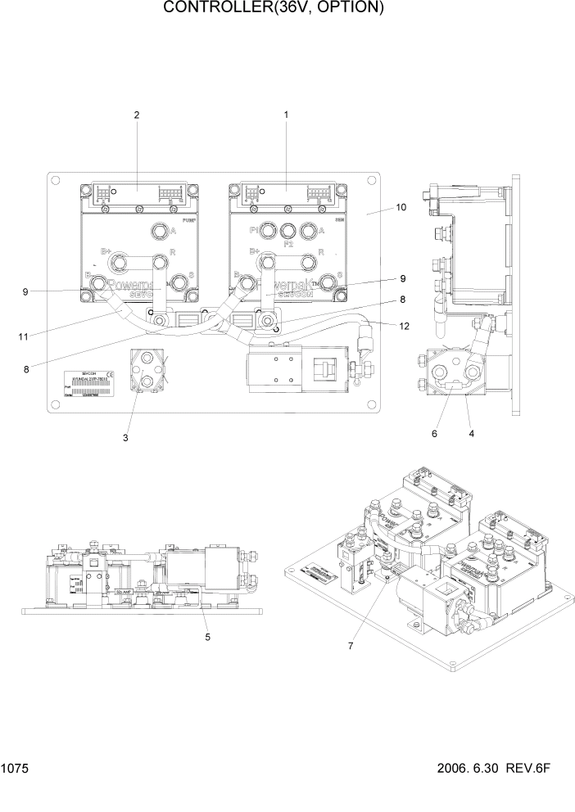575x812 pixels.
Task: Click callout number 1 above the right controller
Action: tap(286, 115)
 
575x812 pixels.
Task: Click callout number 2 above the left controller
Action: tap(137, 115)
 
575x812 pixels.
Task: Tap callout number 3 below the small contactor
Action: tap(125, 439)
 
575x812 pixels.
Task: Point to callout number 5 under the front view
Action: tap(207, 636)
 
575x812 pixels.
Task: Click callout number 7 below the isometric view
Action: tap(350, 646)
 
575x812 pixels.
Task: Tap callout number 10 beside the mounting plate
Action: tap(401, 208)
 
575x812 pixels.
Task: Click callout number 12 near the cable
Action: tap(403, 327)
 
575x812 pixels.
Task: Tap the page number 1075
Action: tap(14, 769)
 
